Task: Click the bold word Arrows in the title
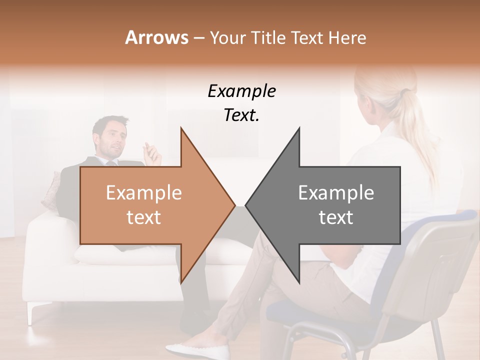coord(156,37)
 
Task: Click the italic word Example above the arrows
coord(241,91)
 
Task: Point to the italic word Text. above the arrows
coord(241,115)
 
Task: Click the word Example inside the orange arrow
coord(143,193)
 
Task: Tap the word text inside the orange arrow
coord(143,217)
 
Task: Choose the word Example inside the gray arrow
coord(336,193)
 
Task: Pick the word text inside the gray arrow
coord(336,217)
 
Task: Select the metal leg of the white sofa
coord(32,312)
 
